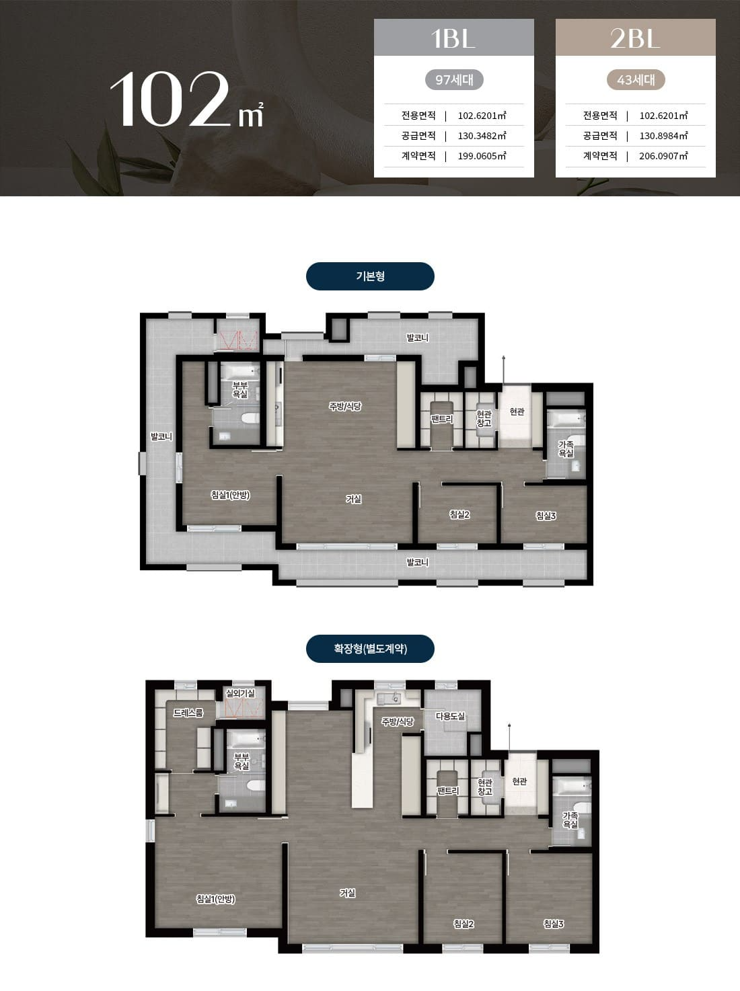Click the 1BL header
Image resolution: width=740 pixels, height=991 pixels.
click(453, 38)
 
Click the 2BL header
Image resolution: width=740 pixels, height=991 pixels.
click(635, 38)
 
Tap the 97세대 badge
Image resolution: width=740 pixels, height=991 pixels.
click(454, 80)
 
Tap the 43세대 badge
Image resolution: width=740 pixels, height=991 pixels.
click(636, 80)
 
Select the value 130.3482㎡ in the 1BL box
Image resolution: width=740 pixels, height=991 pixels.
click(482, 136)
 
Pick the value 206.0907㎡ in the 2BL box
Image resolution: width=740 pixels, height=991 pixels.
click(664, 156)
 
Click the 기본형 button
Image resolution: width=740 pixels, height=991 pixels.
click(370, 276)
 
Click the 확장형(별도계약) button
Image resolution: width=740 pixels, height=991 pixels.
click(370, 649)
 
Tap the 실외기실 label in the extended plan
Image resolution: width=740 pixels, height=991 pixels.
click(240, 693)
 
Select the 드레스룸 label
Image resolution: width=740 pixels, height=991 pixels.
click(188, 713)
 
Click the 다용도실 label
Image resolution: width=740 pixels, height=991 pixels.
click(451, 716)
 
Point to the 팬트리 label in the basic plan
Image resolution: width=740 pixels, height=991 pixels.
click(441, 419)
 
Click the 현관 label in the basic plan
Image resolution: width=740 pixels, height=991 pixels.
click(517, 411)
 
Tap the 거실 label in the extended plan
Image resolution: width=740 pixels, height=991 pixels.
click(347, 893)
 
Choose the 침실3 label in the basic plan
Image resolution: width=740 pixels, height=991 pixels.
click(546, 516)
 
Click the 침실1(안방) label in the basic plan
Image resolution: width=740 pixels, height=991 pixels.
click(230, 495)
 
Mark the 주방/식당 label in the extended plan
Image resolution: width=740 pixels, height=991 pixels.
click(398, 721)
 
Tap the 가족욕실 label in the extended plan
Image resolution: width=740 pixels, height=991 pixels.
click(570, 820)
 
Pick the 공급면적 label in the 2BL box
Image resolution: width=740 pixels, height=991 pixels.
click(600, 136)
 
